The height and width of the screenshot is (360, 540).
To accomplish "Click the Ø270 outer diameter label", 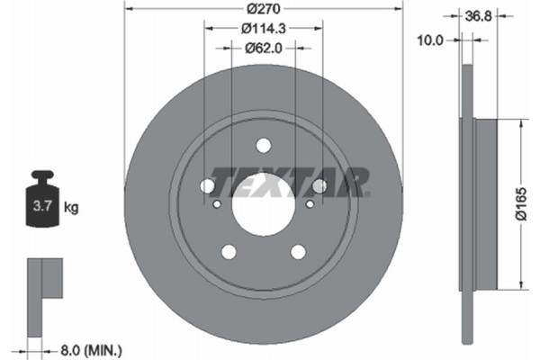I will pyautogui.click(x=262, y=8).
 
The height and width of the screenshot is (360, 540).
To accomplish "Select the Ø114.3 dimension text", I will pyautogui.click(x=263, y=28).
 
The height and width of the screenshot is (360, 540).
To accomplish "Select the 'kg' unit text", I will pyautogui.click(x=71, y=208).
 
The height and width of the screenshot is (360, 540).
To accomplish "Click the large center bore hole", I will pyautogui.click(x=262, y=209).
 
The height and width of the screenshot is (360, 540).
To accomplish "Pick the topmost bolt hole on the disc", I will pyautogui.click(x=263, y=145).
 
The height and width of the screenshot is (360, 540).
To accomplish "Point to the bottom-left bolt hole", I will pyautogui.click(x=228, y=251).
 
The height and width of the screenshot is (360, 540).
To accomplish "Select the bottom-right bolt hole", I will pyautogui.click(x=298, y=251).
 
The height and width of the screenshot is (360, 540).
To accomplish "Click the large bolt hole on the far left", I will pyautogui.click(x=206, y=186).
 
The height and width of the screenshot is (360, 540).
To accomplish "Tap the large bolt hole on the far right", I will pyautogui.click(x=319, y=186).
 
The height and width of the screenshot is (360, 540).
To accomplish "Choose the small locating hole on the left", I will pyautogui.click(x=216, y=204).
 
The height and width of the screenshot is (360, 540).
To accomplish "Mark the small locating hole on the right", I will pyautogui.click(x=310, y=204).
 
